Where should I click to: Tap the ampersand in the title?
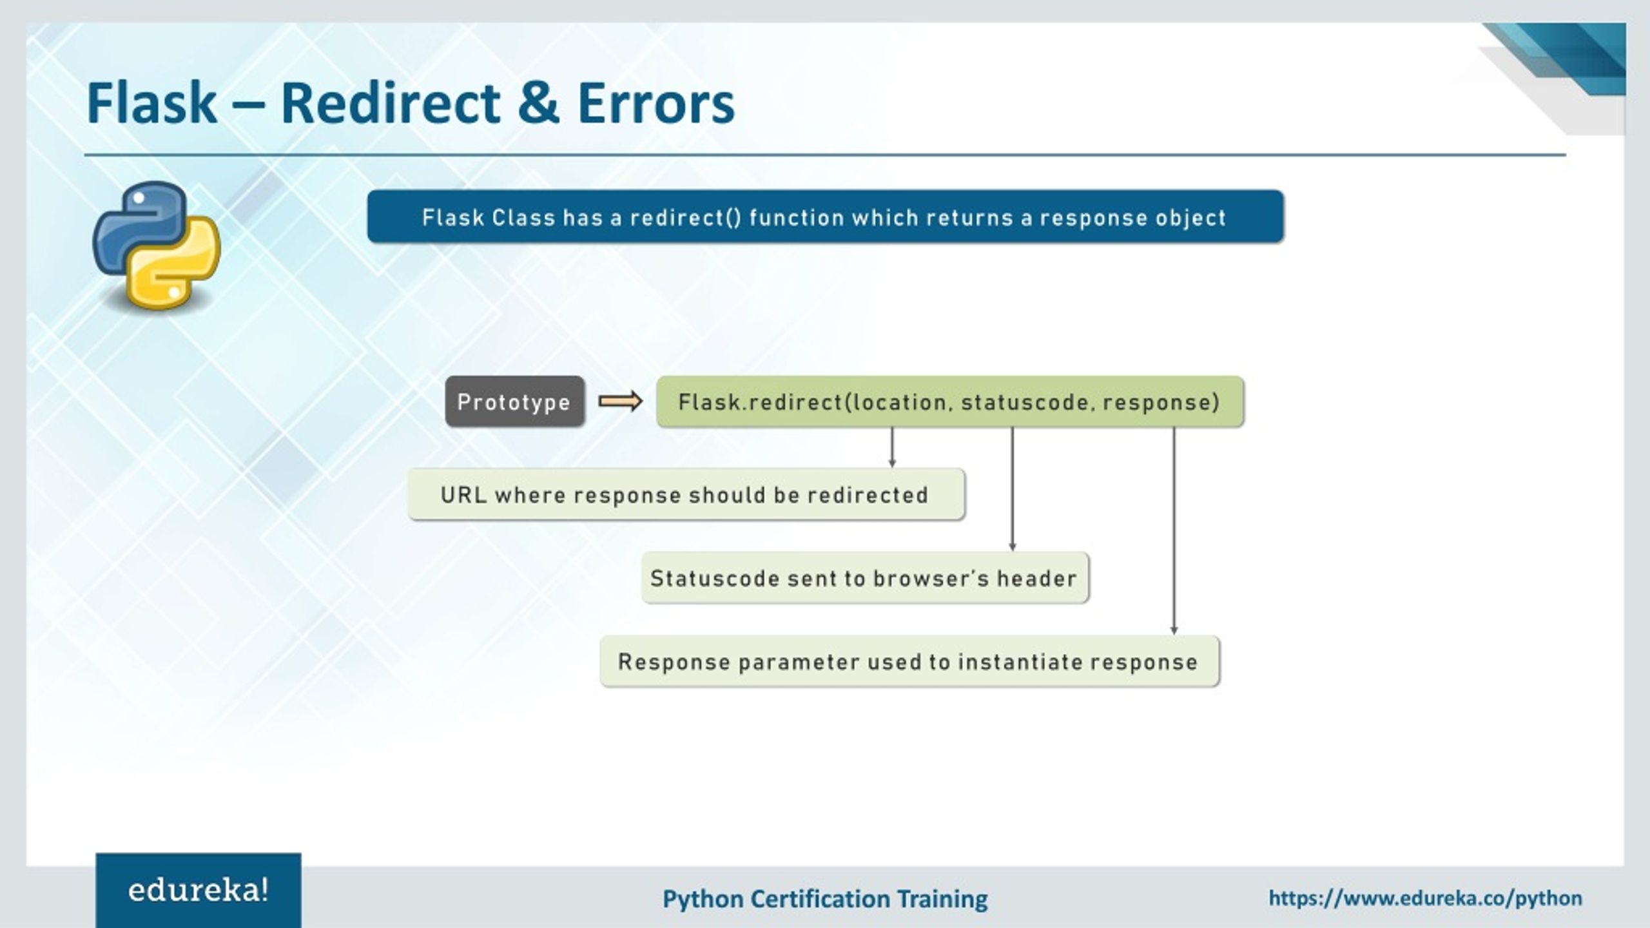pos(538,103)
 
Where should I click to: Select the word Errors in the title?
pos(655,103)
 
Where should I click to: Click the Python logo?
pos(157,245)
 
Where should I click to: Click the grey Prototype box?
pos(514,402)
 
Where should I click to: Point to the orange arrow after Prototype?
pos(620,401)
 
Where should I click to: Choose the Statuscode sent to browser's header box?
pos(864,578)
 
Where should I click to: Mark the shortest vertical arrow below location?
pos(892,447)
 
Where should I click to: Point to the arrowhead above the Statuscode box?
pos(1012,546)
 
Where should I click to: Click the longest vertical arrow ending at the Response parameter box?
pos(1174,528)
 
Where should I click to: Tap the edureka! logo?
pos(198,891)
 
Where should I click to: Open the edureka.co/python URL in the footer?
pos(1424,898)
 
